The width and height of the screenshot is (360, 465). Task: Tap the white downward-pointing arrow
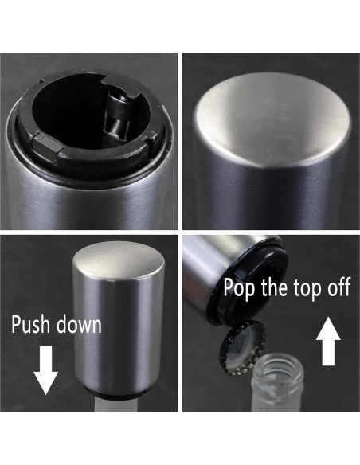pyautogui.click(x=45, y=370)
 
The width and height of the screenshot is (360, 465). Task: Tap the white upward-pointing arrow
pyautogui.click(x=328, y=341)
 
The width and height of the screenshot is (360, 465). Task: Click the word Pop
pyautogui.click(x=239, y=287)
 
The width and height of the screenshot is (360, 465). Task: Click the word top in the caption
pyautogui.click(x=307, y=287)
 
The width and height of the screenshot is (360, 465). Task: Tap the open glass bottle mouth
pyautogui.click(x=279, y=369)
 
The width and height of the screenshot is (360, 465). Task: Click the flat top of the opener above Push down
pyautogui.click(x=119, y=260)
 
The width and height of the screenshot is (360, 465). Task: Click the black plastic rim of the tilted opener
pyautogui.click(x=249, y=285)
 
